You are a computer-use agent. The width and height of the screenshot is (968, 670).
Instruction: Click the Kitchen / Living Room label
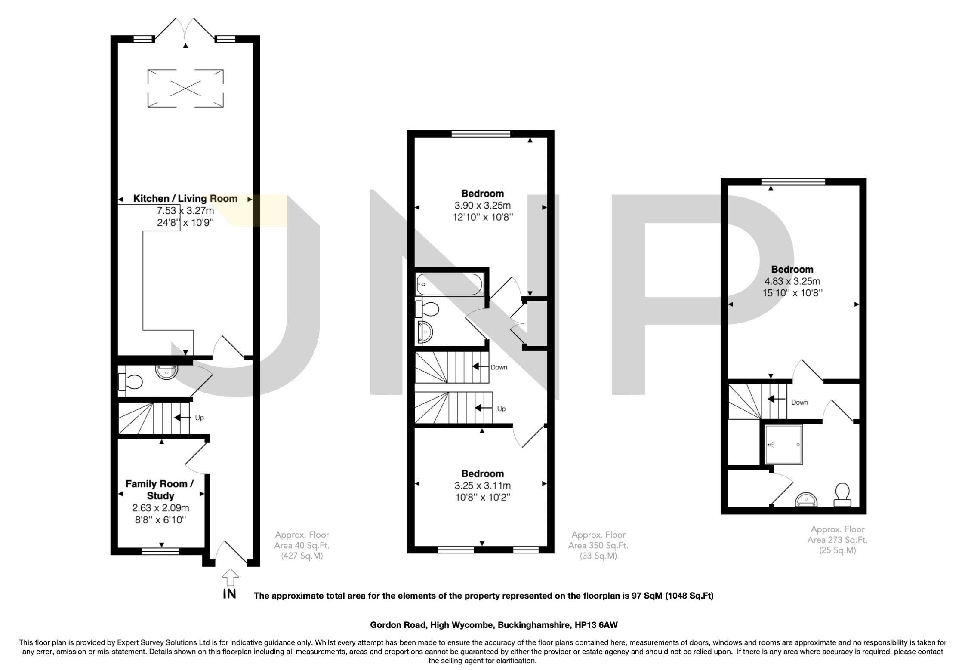coord(185,199)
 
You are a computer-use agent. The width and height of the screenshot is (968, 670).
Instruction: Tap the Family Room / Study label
coord(159,489)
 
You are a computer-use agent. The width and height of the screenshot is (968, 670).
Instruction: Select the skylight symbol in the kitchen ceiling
coord(185,88)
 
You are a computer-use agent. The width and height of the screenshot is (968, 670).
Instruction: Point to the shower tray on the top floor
coord(783,445)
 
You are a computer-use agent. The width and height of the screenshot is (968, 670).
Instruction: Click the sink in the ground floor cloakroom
coord(166,372)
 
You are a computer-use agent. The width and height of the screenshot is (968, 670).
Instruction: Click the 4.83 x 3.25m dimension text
coord(792,282)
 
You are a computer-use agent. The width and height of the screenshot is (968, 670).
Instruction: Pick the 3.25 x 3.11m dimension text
coord(483,486)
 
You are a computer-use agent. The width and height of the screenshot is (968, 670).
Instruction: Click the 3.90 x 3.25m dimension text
coord(483,206)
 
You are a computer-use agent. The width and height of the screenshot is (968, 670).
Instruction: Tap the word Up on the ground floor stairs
coord(199,418)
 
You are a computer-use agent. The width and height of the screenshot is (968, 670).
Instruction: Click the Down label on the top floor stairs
coord(799,402)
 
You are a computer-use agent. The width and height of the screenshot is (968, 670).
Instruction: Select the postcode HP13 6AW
coord(596,625)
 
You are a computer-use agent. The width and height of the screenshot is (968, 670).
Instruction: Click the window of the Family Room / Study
coord(160,551)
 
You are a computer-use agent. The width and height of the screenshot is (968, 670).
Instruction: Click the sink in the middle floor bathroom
coord(425,333)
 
